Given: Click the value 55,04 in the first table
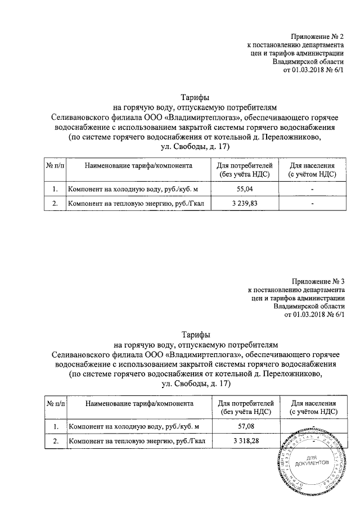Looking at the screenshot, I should pos(244,190).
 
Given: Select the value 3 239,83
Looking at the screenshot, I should pos(244,204).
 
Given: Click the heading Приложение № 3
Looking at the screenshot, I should pos(318,281).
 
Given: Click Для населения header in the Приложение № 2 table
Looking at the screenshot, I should pos(312,170).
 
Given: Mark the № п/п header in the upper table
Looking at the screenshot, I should pos(55,166).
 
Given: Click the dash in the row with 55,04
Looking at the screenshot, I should pos(312,190).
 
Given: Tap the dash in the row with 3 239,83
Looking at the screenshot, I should pos(312,204).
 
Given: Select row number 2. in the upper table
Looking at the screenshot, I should pos(55,204).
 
